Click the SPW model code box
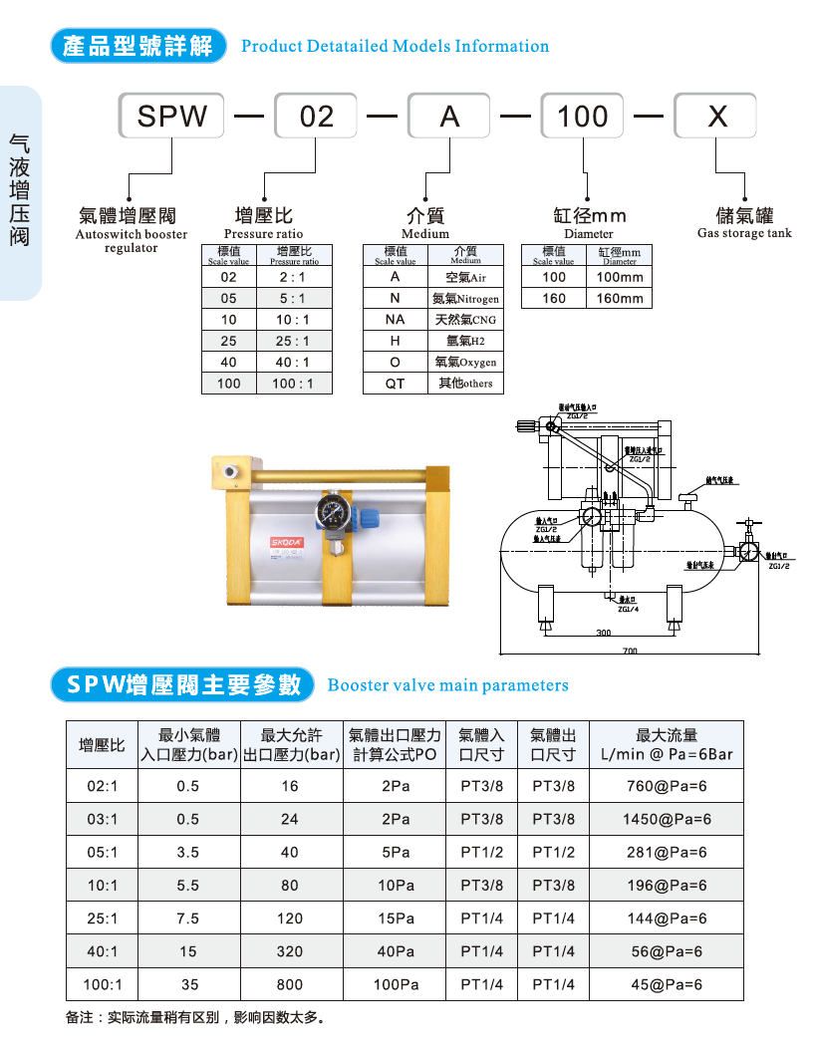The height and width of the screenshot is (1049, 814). click(x=172, y=116)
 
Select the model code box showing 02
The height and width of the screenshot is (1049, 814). click(x=317, y=116)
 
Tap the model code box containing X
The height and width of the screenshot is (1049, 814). click(x=716, y=116)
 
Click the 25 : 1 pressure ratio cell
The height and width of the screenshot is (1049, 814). click(x=294, y=341)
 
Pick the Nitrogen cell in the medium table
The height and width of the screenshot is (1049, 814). click(x=465, y=298)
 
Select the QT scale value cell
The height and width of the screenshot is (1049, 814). click(x=396, y=384)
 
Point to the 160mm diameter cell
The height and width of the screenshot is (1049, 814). click(x=620, y=298)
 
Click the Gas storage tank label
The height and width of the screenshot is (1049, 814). click(x=744, y=233)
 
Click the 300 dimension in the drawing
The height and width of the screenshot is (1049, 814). click(x=603, y=633)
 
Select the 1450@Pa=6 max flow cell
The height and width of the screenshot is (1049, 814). click(x=667, y=820)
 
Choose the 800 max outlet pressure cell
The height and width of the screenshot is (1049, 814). click(x=290, y=984)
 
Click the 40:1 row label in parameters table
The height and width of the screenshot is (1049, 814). click(x=103, y=951)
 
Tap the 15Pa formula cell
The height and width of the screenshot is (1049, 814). click(x=396, y=918)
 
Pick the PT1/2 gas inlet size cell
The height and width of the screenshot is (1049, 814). click(x=482, y=853)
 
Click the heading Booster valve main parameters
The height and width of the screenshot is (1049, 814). click(x=447, y=685)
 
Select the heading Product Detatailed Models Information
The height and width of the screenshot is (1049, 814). click(x=395, y=46)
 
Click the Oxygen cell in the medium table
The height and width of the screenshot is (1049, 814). click(x=465, y=363)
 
